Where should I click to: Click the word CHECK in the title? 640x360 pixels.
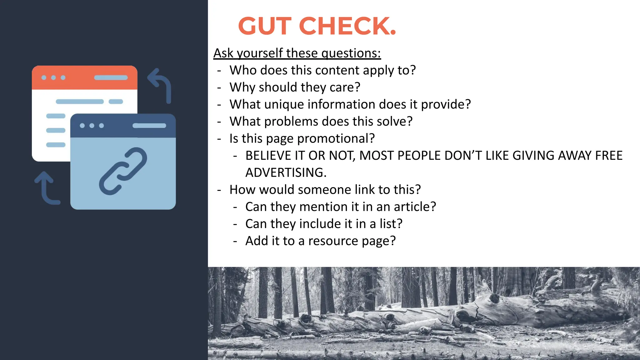(x=347, y=26)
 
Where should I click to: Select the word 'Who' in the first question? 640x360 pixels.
(x=243, y=70)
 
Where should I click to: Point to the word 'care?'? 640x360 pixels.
(x=345, y=87)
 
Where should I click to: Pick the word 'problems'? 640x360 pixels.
(x=291, y=122)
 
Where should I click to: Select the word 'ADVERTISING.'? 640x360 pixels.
(x=286, y=173)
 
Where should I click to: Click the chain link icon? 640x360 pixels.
(x=123, y=171)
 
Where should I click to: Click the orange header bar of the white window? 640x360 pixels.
(x=84, y=77)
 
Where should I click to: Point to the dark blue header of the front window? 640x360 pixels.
(x=123, y=126)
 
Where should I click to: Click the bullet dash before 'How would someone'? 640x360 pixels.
(x=219, y=190)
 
